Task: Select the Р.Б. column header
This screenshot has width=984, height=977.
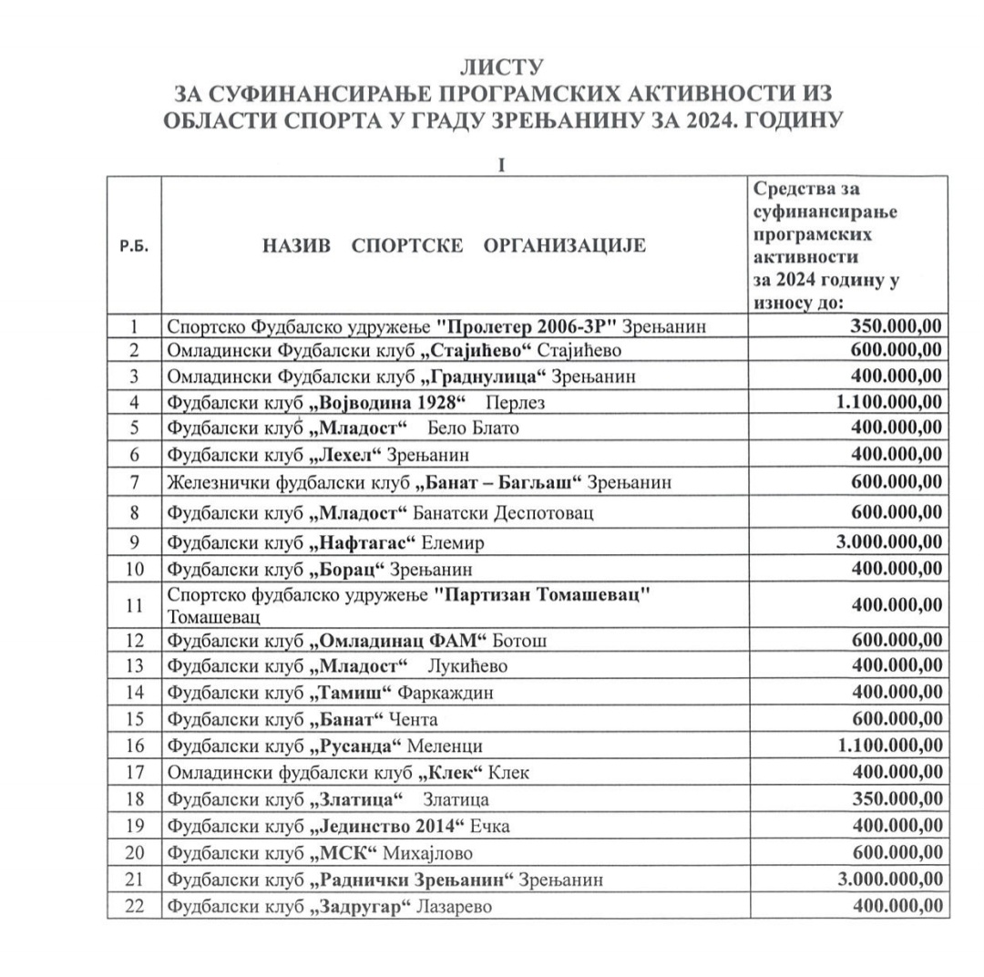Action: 134,246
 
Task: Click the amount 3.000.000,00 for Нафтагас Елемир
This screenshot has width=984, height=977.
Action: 889,543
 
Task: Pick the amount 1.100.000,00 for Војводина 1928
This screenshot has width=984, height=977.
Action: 889,402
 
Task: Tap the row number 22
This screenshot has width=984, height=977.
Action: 134,908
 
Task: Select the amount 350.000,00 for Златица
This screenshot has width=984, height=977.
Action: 897,799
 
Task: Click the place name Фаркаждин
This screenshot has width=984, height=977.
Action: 446,693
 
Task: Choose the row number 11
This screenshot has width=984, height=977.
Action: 134,603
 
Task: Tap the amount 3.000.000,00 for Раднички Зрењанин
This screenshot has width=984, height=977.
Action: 889,879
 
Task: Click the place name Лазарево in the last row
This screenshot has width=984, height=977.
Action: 453,908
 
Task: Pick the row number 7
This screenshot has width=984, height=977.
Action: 134,481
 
